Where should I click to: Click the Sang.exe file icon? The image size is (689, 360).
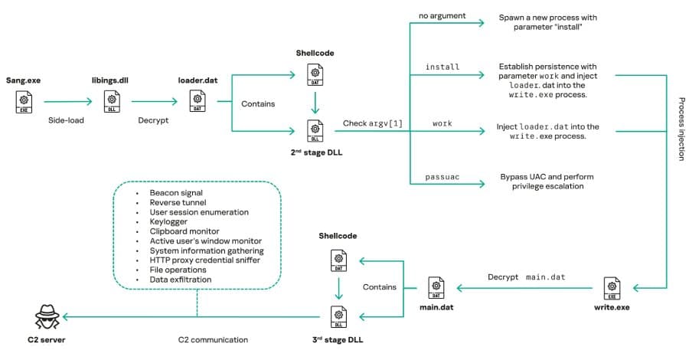pos(24,101)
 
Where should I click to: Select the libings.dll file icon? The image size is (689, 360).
pos(112,101)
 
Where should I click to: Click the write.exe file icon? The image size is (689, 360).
pos(612,288)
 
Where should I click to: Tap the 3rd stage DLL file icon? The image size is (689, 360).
pos(337,316)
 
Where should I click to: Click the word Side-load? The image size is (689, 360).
pos(67,121)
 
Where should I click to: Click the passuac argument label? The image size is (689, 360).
pos(442,177)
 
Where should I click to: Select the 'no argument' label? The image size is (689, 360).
pos(442,16)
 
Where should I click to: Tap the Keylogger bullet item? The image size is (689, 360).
pos(169,221)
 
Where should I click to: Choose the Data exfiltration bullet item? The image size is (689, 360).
pos(181,280)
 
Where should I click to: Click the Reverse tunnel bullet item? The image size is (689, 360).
pos(177,202)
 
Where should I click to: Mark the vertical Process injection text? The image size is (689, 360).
pos(681,128)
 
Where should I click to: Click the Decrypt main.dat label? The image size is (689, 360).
pos(526,277)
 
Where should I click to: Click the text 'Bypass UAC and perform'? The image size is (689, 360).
pos(547,176)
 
